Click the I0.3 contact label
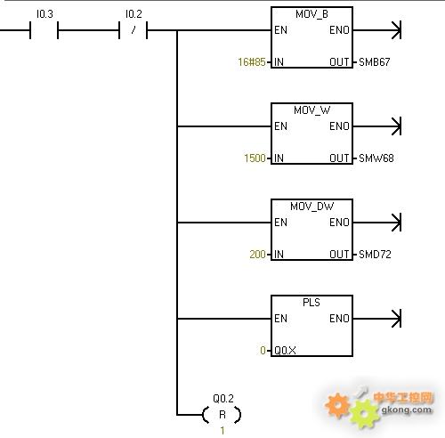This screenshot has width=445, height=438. click(x=44, y=14)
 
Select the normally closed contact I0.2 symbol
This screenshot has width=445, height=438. click(x=133, y=30)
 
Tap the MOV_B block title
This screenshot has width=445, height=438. click(x=311, y=14)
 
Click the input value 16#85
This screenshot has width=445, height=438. click(x=252, y=62)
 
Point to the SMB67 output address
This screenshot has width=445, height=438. click(x=375, y=62)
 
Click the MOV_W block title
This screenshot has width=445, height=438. click(x=311, y=110)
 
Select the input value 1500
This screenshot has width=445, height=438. click(x=255, y=158)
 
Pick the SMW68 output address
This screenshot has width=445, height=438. click(x=376, y=158)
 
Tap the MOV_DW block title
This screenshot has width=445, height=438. click(x=311, y=207)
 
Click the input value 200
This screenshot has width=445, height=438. click(x=257, y=255)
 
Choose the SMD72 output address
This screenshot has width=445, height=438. click(x=375, y=255)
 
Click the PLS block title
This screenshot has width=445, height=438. click(x=311, y=303)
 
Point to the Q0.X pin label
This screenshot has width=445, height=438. click(x=285, y=351)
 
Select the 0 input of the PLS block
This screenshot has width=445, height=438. click(x=263, y=351)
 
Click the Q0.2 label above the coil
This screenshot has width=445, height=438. click(x=223, y=398)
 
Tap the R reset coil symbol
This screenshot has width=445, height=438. click(x=222, y=415)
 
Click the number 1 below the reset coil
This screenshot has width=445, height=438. click(x=222, y=430)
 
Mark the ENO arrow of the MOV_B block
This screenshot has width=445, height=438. click(x=377, y=30)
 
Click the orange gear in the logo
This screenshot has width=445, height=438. click(x=337, y=405)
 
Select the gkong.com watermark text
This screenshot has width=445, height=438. click(x=406, y=410)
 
